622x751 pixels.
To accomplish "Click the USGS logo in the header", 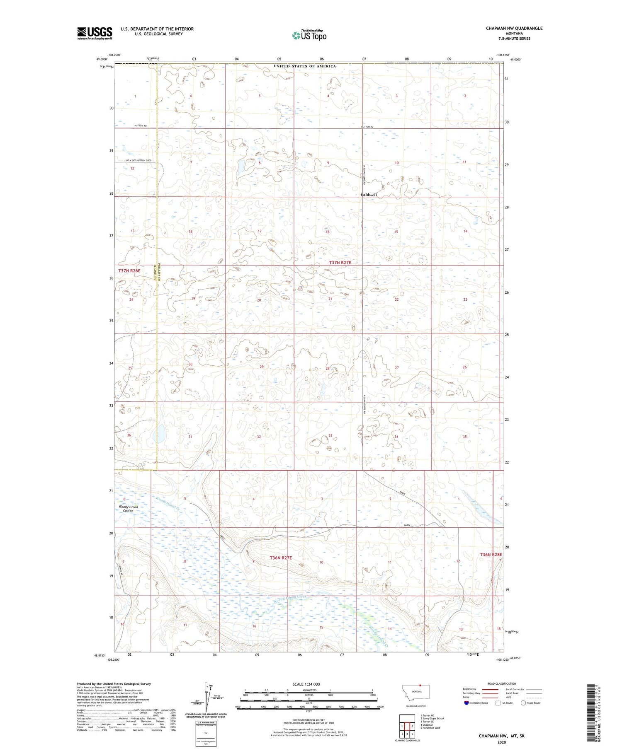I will pyautogui.click(x=95, y=33).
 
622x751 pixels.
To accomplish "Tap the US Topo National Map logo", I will pyautogui.click(x=309, y=35).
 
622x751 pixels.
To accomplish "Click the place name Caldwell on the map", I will pyautogui.click(x=369, y=195).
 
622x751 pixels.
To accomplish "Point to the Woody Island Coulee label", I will pyautogui.click(x=128, y=509).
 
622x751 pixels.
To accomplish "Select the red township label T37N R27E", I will pyautogui.click(x=343, y=263).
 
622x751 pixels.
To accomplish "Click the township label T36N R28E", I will pyautogui.click(x=491, y=554).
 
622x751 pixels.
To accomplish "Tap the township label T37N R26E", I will pyautogui.click(x=129, y=270).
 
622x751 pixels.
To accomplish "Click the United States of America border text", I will pyautogui.click(x=305, y=66).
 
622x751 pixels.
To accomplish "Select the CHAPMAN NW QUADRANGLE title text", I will pyautogui.click(x=514, y=28).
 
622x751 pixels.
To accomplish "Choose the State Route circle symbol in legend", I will pyautogui.click(x=524, y=703).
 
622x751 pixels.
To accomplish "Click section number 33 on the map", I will pyautogui.click(x=330, y=435).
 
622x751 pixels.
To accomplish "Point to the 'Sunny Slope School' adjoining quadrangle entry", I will pyautogui.click(x=432, y=719).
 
